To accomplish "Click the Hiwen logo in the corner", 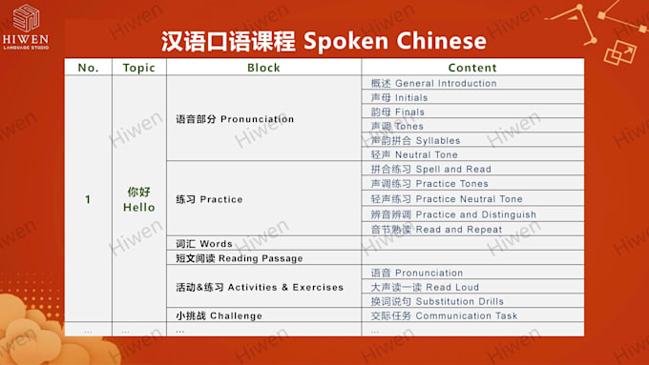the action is coord(26,28).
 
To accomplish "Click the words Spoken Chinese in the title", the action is coord(395,41).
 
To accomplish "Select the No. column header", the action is coord(88,68).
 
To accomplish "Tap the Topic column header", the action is coord(139,68).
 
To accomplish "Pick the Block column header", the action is coord(263,68).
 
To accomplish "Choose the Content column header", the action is coord(472,68).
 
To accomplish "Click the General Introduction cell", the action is coord(472,83).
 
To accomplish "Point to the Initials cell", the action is coord(472,97).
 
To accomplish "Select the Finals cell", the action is coord(472,112).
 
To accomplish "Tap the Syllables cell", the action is coord(472,140).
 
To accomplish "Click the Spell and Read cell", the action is coord(472,169).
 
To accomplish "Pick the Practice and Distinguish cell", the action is coord(472,214).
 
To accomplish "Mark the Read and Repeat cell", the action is coord(472,229).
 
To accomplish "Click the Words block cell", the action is coord(263,243).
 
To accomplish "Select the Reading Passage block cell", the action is coord(263,258).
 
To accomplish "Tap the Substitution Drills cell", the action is coord(472,301).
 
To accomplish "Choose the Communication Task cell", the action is coord(472,315).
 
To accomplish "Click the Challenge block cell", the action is coord(263,315).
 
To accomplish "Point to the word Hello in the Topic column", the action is coord(139,207).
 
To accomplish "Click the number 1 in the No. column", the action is coord(88,200).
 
